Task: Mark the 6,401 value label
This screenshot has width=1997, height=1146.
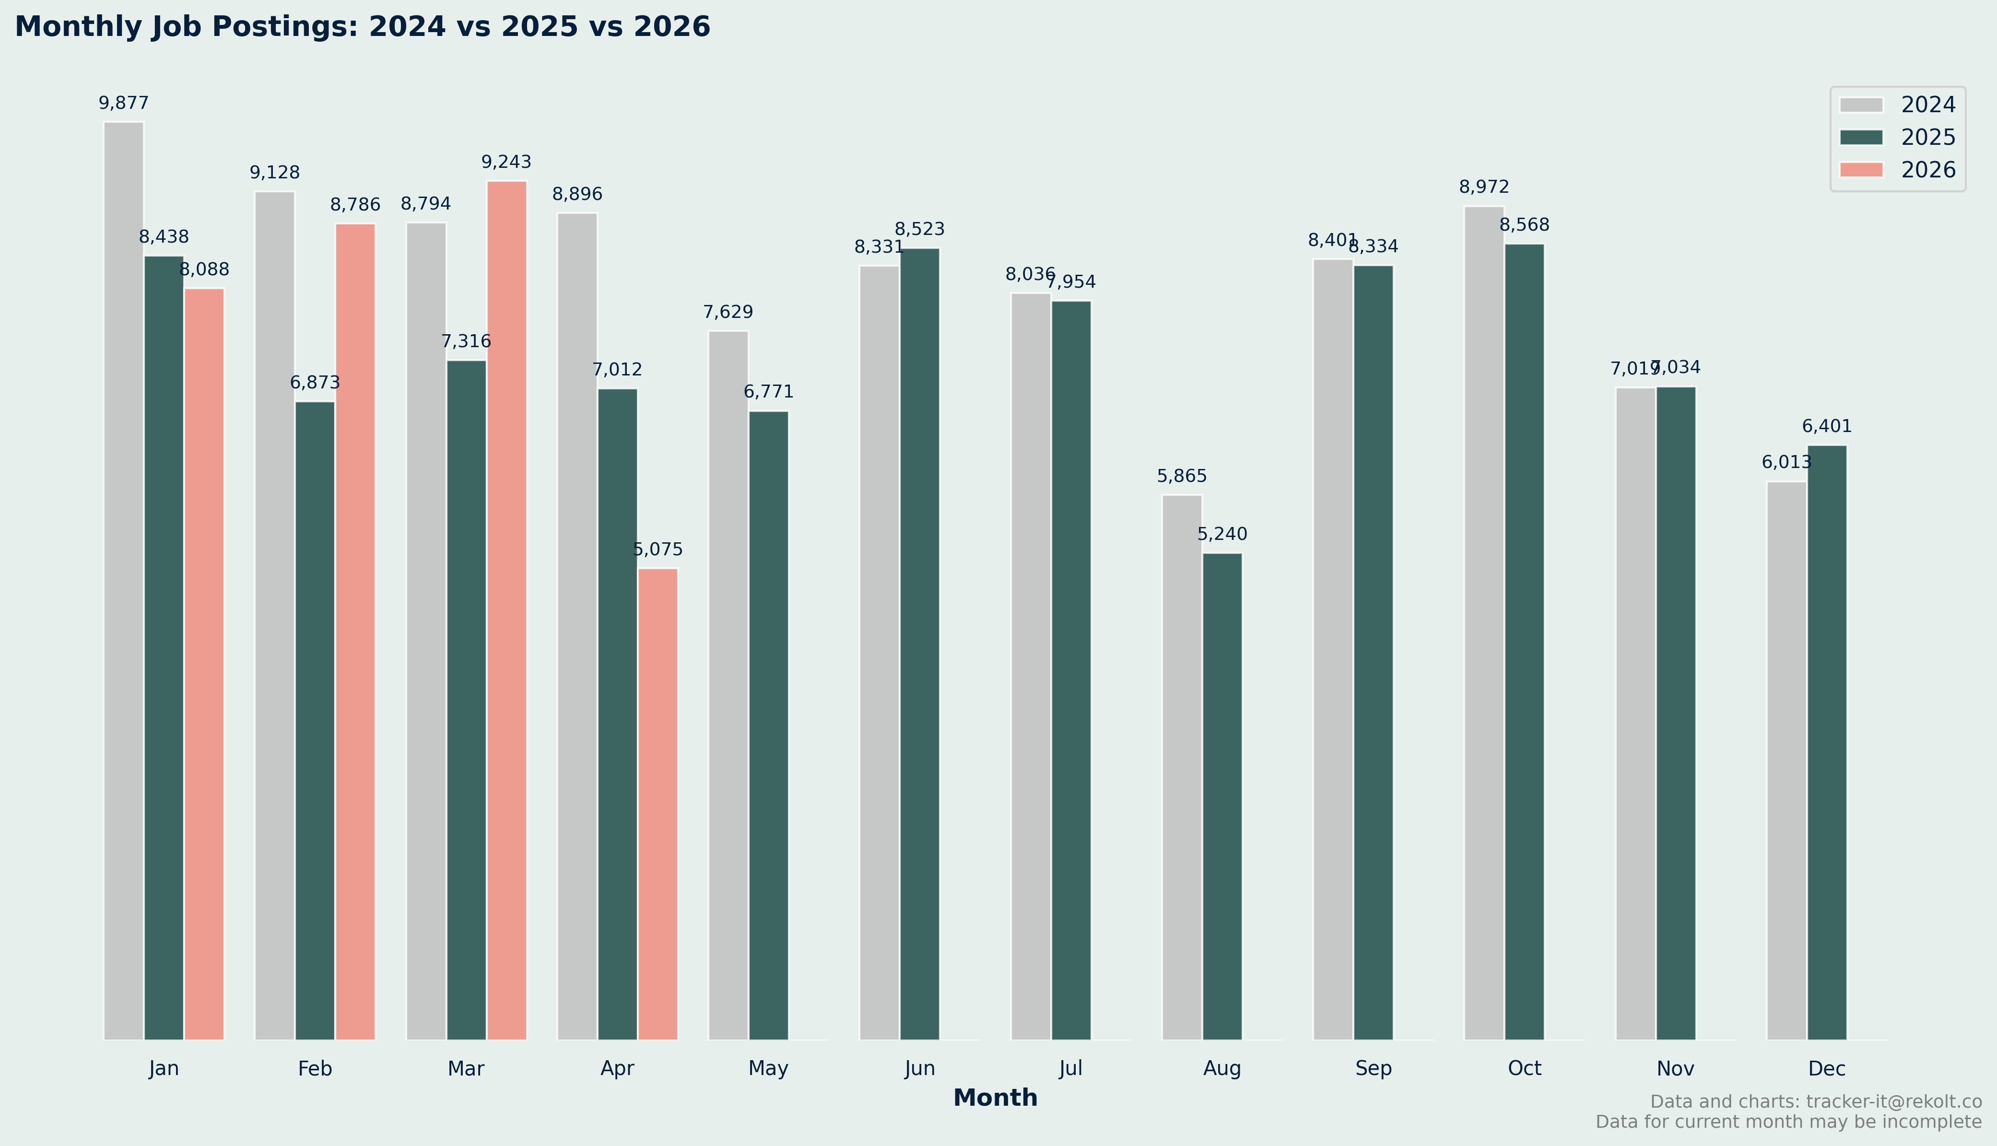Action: (1826, 427)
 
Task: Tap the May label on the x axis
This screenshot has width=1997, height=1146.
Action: (768, 1068)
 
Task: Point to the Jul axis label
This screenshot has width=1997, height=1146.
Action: (1070, 1068)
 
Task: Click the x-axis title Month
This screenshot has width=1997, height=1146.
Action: (995, 1098)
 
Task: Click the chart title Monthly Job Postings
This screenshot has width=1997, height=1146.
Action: (362, 27)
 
